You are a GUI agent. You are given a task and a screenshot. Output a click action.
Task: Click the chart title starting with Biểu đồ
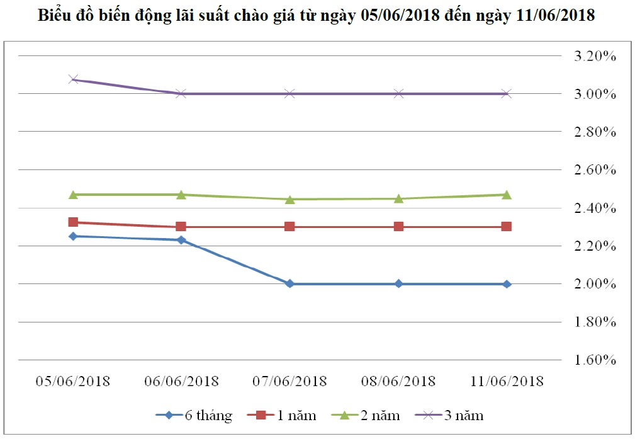[x=317, y=16]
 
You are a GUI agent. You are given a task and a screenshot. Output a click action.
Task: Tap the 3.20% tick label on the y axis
[x=595, y=56]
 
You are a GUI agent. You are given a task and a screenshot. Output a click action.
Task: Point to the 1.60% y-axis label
[x=595, y=360]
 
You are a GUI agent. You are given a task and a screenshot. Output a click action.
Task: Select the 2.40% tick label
[x=595, y=208]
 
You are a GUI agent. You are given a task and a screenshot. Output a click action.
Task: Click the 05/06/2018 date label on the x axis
[x=73, y=381]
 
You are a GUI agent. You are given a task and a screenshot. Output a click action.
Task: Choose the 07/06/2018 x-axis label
[x=289, y=381]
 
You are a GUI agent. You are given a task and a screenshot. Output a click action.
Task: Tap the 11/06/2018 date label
[x=507, y=381]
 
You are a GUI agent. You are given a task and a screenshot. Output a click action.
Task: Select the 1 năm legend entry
[x=286, y=415]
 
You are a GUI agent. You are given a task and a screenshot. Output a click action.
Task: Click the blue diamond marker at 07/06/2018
[x=289, y=284]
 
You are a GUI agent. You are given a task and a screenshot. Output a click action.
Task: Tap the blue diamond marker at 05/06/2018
[x=73, y=236]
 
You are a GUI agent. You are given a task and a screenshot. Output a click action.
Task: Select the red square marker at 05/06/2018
[x=73, y=222]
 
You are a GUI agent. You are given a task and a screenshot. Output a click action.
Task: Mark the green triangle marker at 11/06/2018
[x=507, y=195]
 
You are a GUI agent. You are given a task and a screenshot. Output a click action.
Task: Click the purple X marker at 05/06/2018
[x=73, y=79]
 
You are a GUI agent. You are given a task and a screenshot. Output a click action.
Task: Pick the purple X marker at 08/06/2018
[x=398, y=94]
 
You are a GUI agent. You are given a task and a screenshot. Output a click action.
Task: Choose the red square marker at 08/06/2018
[x=398, y=227]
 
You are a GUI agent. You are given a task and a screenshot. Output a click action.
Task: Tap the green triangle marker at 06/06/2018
[x=181, y=195]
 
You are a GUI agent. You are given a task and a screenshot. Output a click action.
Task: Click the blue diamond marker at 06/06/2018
[x=181, y=240]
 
